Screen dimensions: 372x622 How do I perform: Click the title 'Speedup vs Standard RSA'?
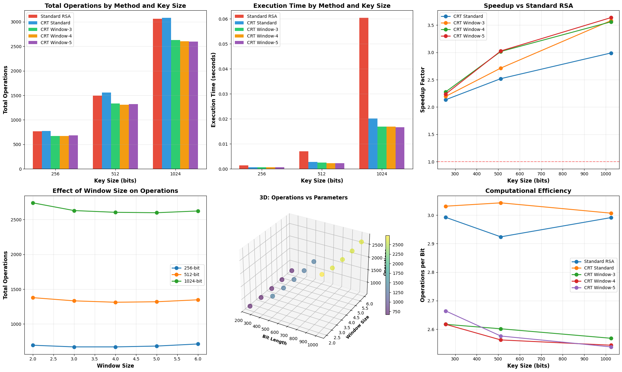pos(528,6)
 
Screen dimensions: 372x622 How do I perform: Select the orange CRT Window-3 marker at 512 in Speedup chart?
pos(501,68)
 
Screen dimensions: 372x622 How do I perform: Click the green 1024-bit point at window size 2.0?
pos(33,203)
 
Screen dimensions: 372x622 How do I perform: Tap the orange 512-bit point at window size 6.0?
pos(198,300)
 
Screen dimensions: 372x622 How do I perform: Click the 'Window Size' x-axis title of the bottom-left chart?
pos(115,366)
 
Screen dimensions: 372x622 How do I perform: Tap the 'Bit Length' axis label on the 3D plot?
pos(274,340)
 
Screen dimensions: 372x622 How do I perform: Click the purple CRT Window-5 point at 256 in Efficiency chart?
pos(446,311)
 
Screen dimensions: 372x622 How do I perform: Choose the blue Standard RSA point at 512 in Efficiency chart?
pos(501,237)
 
